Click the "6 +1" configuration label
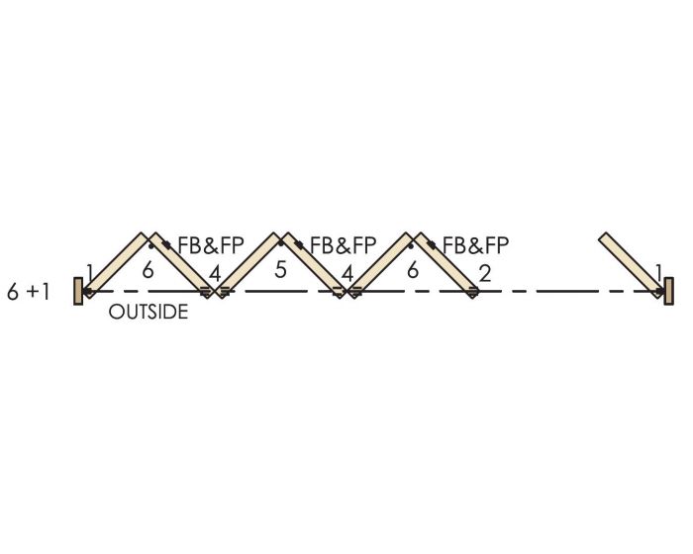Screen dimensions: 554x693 point(28,294)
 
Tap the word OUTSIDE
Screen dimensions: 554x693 point(148,314)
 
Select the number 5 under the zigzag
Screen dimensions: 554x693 point(280,268)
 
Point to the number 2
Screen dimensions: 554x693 point(484,273)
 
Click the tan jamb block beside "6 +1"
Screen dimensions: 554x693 point(78,291)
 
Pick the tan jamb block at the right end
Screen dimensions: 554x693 point(669,291)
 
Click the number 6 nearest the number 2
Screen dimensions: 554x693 point(412,268)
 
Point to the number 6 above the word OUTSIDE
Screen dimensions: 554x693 point(148,268)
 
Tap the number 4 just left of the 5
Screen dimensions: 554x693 point(214,273)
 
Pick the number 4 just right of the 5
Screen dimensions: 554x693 point(346,273)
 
